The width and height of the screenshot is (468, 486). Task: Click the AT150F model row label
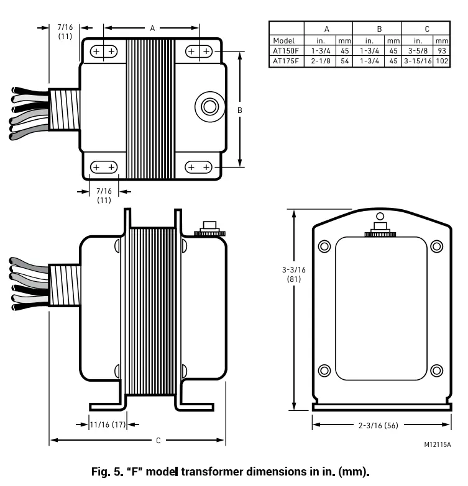pyautogui.click(x=286, y=52)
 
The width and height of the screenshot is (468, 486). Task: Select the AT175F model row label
pyautogui.click(x=286, y=61)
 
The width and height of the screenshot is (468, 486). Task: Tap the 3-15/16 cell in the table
pyautogui.click(x=418, y=61)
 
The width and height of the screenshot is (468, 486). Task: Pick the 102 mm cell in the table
pyautogui.click(x=443, y=61)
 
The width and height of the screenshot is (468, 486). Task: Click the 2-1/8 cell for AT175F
pyautogui.click(x=319, y=61)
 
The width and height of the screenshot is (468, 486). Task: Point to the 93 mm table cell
pyautogui.click(x=443, y=52)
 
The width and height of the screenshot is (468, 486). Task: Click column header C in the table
pyautogui.click(x=426, y=29)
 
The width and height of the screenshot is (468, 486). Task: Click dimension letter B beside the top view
pyautogui.click(x=240, y=110)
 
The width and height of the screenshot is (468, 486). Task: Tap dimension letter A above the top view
pyautogui.click(x=152, y=28)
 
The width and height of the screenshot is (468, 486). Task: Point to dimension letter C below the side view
pyautogui.click(x=158, y=441)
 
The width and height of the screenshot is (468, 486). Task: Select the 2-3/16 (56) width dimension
pyautogui.click(x=379, y=425)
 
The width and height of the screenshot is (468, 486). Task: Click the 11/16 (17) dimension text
pyautogui.click(x=108, y=425)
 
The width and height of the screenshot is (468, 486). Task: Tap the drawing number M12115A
pyautogui.click(x=438, y=444)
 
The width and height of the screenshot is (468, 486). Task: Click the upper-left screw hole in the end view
pyautogui.click(x=324, y=246)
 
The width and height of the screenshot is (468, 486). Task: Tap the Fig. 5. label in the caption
pyautogui.click(x=104, y=470)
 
